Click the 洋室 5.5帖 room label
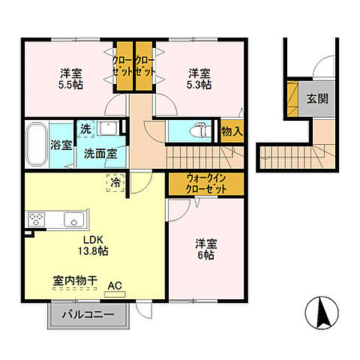point(71,79)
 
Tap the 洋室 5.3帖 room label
point(199,79)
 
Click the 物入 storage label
point(232,130)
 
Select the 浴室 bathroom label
point(61,144)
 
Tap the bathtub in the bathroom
point(36,143)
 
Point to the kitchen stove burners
point(37,219)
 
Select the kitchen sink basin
point(73,220)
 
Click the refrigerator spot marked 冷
point(115,182)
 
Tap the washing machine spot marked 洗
point(85,129)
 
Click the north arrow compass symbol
point(322,313)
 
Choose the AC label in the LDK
point(115,286)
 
